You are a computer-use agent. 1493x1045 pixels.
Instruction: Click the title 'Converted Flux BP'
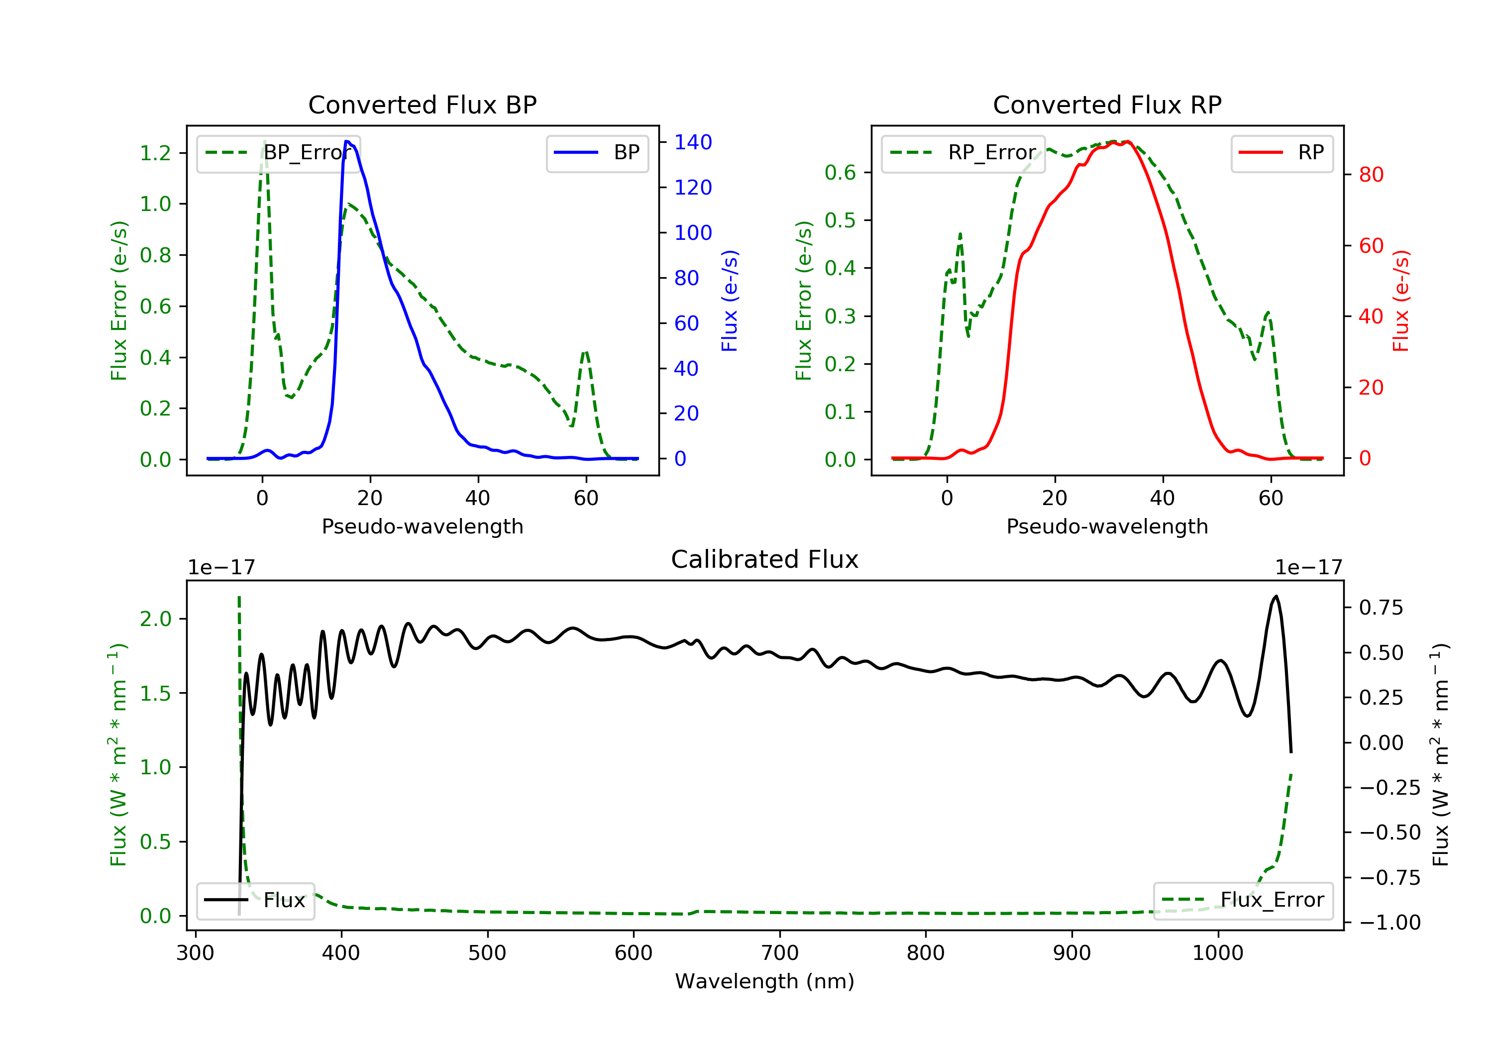pyautogui.click(x=422, y=104)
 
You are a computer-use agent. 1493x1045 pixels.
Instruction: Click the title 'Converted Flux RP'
pyautogui.click(x=1107, y=104)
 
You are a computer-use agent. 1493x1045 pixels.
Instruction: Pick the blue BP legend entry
pyautogui.click(x=597, y=153)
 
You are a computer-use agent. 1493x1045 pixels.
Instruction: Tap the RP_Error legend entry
pyautogui.click(x=963, y=153)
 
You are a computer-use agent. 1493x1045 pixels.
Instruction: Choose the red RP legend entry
pyautogui.click(x=1281, y=153)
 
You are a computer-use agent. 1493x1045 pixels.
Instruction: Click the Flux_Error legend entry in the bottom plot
pyautogui.click(x=1243, y=900)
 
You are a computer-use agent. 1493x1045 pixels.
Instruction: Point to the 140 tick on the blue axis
pyautogui.click(x=693, y=142)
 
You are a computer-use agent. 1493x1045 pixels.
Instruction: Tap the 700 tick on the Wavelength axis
pyautogui.click(x=780, y=953)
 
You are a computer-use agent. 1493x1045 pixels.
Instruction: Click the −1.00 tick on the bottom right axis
pyautogui.click(x=1389, y=923)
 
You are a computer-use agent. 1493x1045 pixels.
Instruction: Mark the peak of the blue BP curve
pyautogui.click(x=346, y=141)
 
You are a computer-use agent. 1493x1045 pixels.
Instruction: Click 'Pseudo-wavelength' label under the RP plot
pyautogui.click(x=1107, y=526)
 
